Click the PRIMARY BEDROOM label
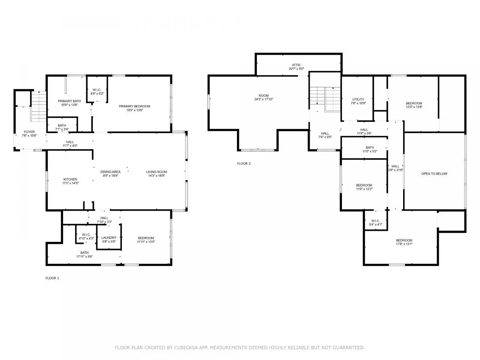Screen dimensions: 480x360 [x=135, y=106]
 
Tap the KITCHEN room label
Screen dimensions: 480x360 [x=70, y=179]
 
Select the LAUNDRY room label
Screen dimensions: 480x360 [x=109, y=238]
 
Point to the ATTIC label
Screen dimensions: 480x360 [x=296, y=65]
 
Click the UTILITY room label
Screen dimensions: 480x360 [x=358, y=99]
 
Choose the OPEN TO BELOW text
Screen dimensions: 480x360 [x=434, y=174]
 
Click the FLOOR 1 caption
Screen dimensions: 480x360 [x=52, y=278]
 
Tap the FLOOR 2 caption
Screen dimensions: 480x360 [x=244, y=163]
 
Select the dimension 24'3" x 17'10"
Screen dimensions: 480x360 [x=264, y=99]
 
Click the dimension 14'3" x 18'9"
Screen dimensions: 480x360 [x=156, y=175]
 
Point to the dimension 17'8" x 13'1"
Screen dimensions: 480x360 [x=404, y=244]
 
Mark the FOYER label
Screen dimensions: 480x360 [x=29, y=132]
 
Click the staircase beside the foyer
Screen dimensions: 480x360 [x=39, y=106]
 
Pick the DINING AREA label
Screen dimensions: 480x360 [x=110, y=172]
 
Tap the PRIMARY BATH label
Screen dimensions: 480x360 [x=69, y=101]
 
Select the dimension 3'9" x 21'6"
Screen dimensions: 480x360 [x=395, y=170]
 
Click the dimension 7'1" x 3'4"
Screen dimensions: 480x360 [x=62, y=129]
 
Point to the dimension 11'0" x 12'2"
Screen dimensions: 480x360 [x=364, y=189]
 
